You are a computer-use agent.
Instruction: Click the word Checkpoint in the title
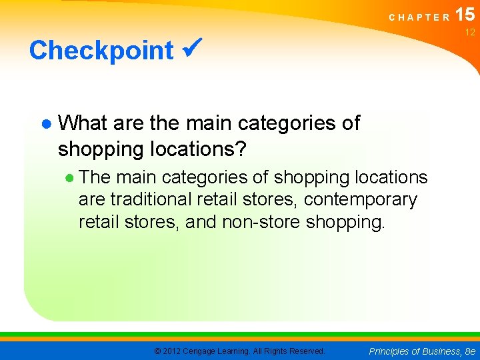pyautogui.click(x=101, y=51)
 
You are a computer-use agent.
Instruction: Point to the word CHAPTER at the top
pyautogui.click(x=419, y=17)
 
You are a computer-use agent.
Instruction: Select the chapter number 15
pyautogui.click(x=466, y=14)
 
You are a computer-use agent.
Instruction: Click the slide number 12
pyautogui.click(x=470, y=33)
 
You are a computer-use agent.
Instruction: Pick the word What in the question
pyautogui.click(x=83, y=123)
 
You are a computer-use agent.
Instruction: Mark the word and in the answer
pyautogui.click(x=201, y=221)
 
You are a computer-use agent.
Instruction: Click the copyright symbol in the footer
pyautogui.click(x=157, y=351)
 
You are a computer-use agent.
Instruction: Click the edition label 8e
pyautogui.click(x=470, y=351)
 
